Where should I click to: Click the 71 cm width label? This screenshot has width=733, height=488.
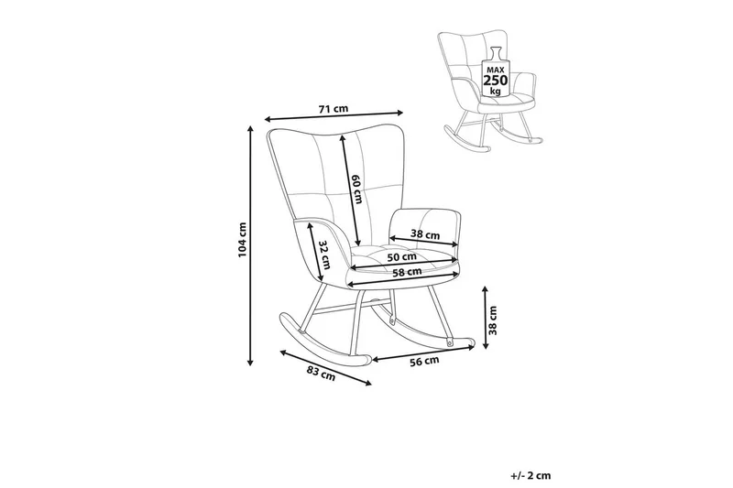coord(333,109)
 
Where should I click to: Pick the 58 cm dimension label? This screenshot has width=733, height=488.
coord(406,272)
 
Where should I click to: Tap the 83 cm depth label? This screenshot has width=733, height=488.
coord(321,372)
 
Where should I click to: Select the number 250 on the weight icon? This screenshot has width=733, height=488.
coord(497,81)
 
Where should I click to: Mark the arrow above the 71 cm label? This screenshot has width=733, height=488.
coord(334,117)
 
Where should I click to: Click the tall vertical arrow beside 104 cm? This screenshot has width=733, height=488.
coord(251,245)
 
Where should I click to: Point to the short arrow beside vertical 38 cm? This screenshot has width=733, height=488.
coord(483,319)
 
